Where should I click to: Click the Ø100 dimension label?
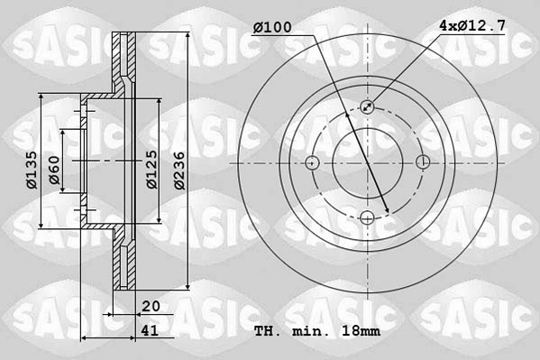tap(271, 28)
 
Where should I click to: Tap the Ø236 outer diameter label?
tap(179, 168)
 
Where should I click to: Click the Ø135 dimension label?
tap(31, 169)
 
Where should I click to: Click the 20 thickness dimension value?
tap(150, 307)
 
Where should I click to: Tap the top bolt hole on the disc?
tap(367, 106)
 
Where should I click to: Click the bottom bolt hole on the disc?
tap(367, 217)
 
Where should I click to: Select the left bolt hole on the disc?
tap(312, 162)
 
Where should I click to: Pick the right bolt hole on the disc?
tap(423, 162)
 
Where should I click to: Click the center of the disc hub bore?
tap(367, 162)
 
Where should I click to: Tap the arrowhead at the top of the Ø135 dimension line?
tap(42, 96)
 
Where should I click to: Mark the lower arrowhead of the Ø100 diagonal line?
tap(387, 212)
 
